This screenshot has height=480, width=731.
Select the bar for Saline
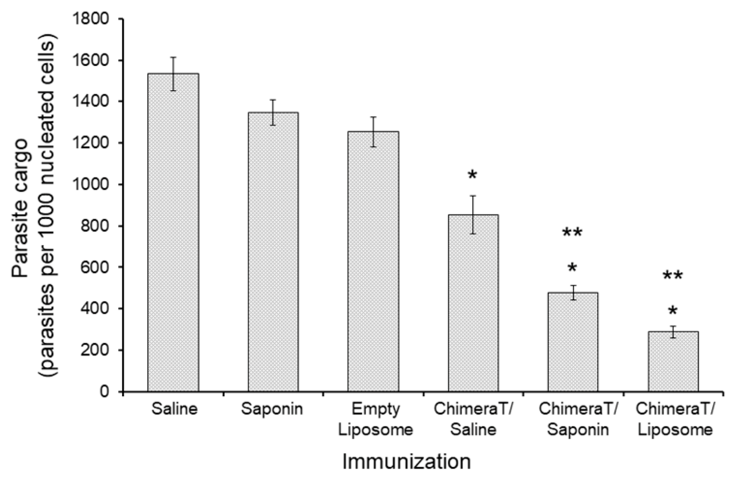click(173, 232)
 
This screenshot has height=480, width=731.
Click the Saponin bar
click(273, 252)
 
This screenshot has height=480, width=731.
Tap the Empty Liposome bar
click(373, 261)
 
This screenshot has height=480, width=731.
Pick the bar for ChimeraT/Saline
click(473, 303)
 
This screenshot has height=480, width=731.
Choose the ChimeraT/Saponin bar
click(573, 342)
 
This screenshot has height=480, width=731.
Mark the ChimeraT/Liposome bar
click(673, 362)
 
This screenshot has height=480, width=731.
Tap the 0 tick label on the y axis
click(109, 392)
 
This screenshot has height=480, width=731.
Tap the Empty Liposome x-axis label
click(375, 420)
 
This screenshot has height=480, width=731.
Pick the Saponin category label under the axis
click(272, 409)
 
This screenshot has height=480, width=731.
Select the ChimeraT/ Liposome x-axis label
click(675, 420)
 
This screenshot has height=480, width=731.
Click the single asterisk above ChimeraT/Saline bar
click(472, 175)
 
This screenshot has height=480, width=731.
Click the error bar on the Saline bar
click(173, 74)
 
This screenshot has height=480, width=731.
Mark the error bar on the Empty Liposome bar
click(373, 132)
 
